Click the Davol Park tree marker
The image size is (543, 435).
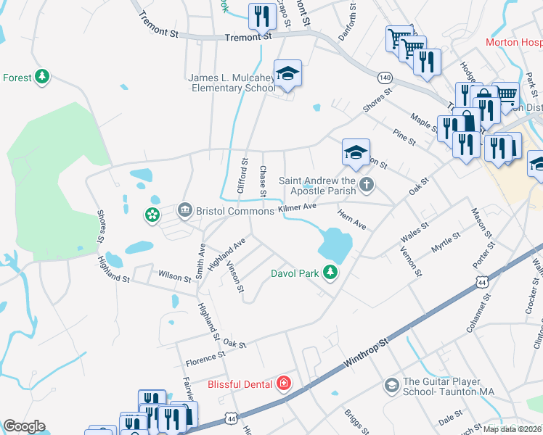point(330,273)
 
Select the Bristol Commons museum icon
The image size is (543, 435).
point(184,210)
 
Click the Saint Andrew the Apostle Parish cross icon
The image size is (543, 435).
point(367,185)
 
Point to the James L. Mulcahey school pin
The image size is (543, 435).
point(287,75)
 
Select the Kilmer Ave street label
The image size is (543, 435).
point(299,208)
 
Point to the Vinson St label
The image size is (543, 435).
point(235,279)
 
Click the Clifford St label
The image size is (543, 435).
point(243,176)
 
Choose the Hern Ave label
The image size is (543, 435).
point(352,220)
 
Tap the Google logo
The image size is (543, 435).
point(24,426)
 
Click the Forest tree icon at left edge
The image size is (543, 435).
point(42,76)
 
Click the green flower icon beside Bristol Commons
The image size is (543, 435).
point(152,215)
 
